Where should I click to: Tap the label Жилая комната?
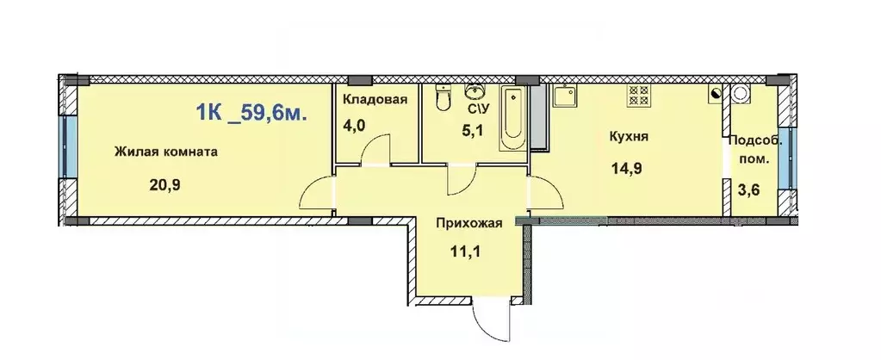coord(165,152)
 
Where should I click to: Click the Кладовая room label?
coord(375,99)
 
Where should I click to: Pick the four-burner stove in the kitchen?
coord(639,93)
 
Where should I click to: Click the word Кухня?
coord(628,136)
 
